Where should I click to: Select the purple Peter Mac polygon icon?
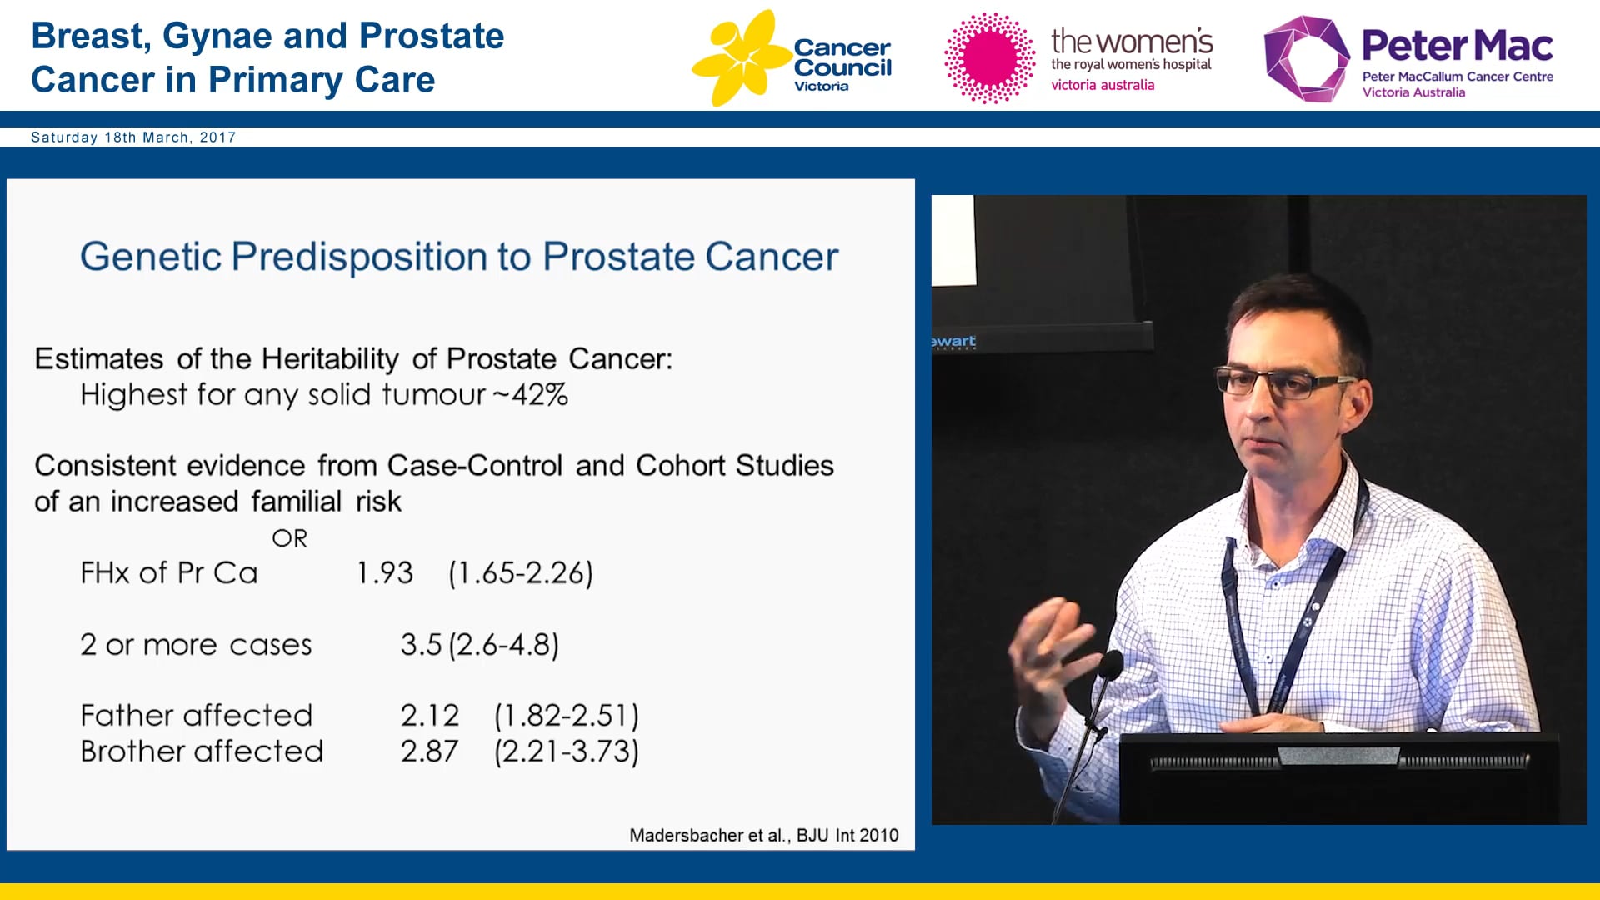point(1305,58)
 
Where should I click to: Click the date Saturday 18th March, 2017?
point(133,137)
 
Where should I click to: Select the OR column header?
point(289,538)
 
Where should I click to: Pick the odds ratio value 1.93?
point(384,573)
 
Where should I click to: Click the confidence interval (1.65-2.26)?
point(520,573)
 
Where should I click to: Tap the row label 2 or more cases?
point(196,645)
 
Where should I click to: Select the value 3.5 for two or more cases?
point(420,645)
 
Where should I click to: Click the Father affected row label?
point(196,716)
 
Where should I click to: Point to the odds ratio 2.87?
point(429,752)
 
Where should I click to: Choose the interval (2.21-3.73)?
point(566,752)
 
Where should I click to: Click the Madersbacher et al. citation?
point(763,835)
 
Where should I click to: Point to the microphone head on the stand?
point(1111,664)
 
